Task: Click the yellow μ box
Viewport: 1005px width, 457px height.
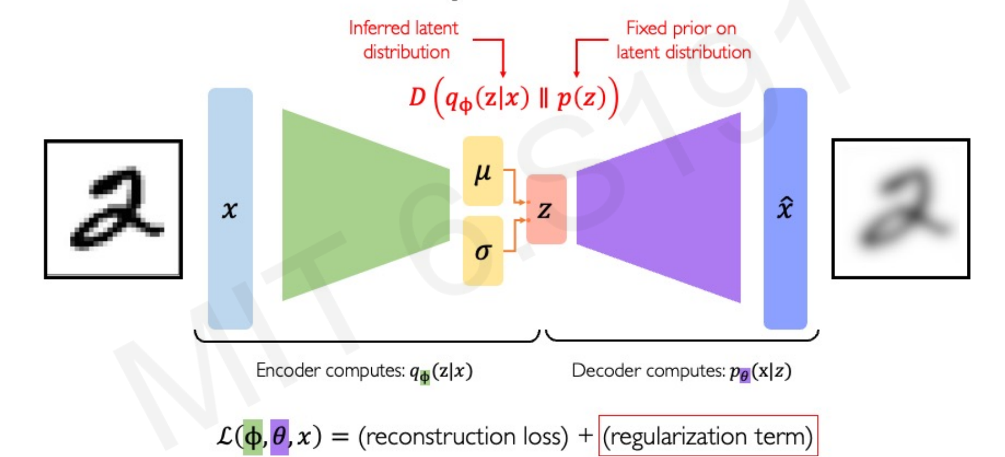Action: (483, 171)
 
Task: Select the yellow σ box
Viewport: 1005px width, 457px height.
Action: (483, 251)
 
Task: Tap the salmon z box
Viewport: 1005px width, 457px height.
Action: (546, 209)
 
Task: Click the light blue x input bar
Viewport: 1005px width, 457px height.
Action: (230, 209)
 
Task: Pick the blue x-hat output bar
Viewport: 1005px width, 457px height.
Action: (785, 209)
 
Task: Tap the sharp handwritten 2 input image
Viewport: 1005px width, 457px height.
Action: (113, 209)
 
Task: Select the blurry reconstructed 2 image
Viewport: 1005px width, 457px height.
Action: (900, 209)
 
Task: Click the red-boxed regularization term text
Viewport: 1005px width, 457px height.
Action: (707, 436)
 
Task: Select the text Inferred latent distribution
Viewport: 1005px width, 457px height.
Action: (404, 40)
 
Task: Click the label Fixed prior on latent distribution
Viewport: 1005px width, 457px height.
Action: (682, 40)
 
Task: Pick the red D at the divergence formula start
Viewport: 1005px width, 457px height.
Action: (417, 97)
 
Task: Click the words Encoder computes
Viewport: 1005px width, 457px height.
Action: (330, 370)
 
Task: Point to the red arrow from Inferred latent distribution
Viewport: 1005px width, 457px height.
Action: (502, 55)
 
